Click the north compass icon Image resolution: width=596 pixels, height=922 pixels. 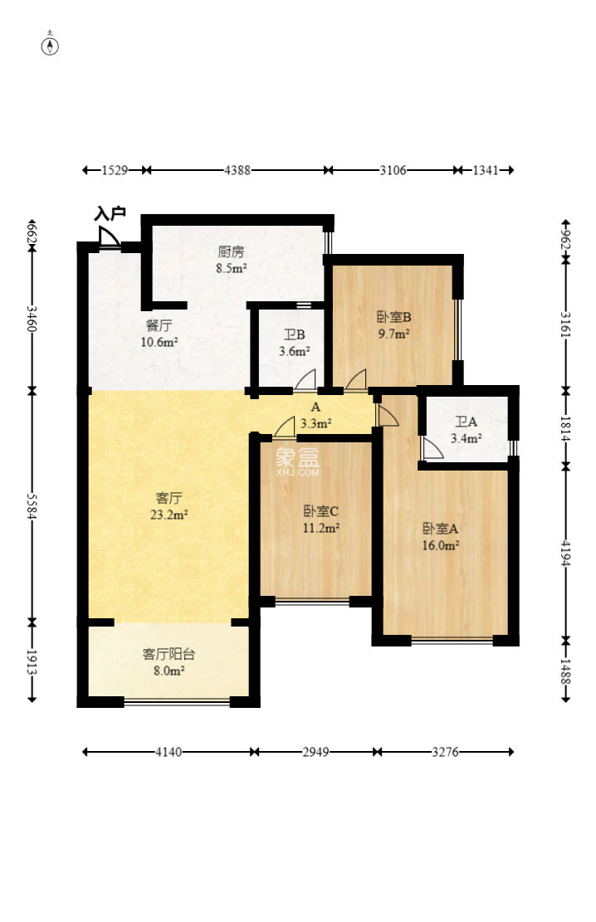pyautogui.click(x=50, y=46)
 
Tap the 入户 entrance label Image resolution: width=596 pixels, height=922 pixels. pyautogui.click(x=110, y=213)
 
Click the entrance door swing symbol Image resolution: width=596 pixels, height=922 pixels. pyautogui.click(x=108, y=237)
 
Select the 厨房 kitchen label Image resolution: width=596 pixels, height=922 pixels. pyautogui.click(x=231, y=252)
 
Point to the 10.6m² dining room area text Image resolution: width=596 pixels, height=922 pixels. pyautogui.click(x=159, y=342)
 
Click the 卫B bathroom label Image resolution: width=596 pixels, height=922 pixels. pyautogui.click(x=294, y=335)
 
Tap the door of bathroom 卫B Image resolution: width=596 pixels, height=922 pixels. pyautogui.click(x=305, y=380)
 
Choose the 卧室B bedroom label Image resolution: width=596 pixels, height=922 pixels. pyautogui.click(x=394, y=318)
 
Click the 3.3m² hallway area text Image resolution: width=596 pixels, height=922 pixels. pyautogui.click(x=316, y=422)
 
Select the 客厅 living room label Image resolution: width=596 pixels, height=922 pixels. pyautogui.click(x=169, y=499)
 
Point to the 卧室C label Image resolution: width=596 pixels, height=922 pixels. pyautogui.click(x=320, y=511)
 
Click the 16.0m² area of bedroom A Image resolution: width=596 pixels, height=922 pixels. pyautogui.click(x=440, y=545)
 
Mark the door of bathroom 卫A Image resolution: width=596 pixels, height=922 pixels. pyautogui.click(x=432, y=448)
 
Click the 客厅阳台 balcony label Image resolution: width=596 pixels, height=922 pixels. pyautogui.click(x=169, y=654)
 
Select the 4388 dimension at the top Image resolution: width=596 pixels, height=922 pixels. pyautogui.click(x=237, y=170)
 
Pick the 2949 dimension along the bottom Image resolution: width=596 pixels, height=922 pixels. pyautogui.click(x=316, y=752)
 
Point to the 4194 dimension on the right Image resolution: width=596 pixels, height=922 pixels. pyautogui.click(x=565, y=553)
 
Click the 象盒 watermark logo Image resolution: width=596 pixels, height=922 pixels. pyautogui.click(x=297, y=462)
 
